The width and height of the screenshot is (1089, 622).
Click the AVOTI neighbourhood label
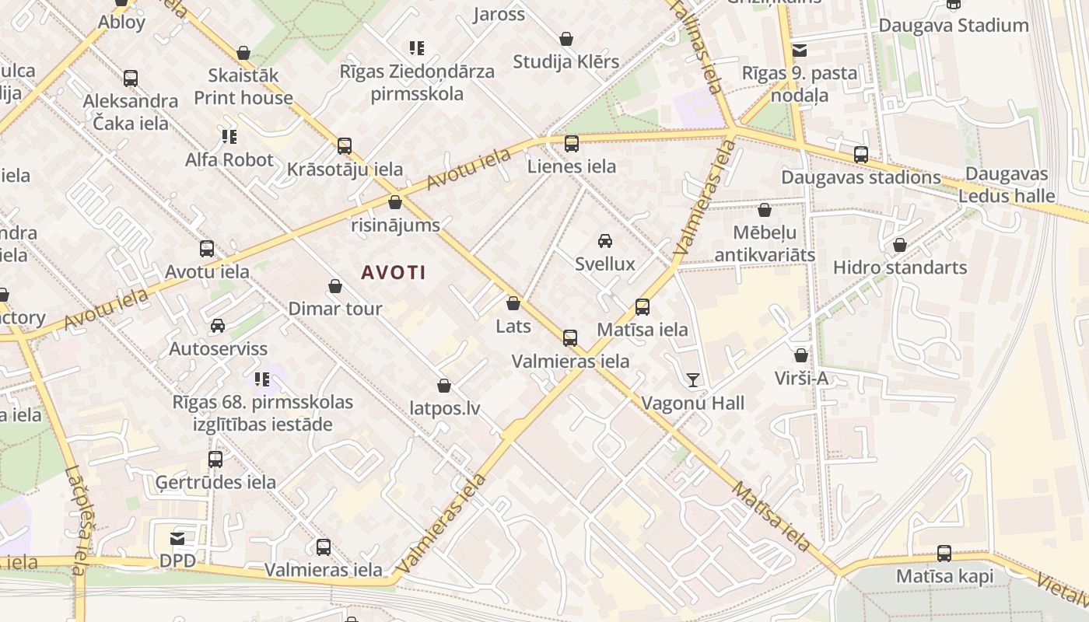pos(393,273)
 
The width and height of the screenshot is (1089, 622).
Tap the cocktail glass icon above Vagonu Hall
pos(692,380)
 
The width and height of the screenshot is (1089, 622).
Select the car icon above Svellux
pos(605,241)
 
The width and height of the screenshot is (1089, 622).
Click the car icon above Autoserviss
pos(218,326)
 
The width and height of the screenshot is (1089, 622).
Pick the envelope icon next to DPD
pos(177,538)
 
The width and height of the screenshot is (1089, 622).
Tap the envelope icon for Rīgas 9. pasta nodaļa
pos(799,51)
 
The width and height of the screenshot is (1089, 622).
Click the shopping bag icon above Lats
pos(513,303)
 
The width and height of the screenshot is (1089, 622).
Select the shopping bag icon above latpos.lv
pos(444,386)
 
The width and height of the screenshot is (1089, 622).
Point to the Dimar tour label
pos(335,309)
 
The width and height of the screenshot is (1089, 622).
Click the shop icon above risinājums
pos(395,203)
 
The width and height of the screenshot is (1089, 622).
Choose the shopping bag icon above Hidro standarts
pos(900,245)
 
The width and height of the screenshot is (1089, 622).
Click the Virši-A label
pos(801,379)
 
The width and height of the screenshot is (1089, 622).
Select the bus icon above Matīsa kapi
pos(944,554)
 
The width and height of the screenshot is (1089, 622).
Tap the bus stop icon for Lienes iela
pos(572,144)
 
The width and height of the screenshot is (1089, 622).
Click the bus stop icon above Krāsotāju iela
pos(345,146)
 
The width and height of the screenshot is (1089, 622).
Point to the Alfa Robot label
pos(229,160)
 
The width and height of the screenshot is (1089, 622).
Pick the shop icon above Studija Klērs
pos(566,39)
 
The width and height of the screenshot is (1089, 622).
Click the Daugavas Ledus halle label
pos(1007,185)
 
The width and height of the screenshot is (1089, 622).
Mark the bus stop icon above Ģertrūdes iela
pos(215,460)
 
